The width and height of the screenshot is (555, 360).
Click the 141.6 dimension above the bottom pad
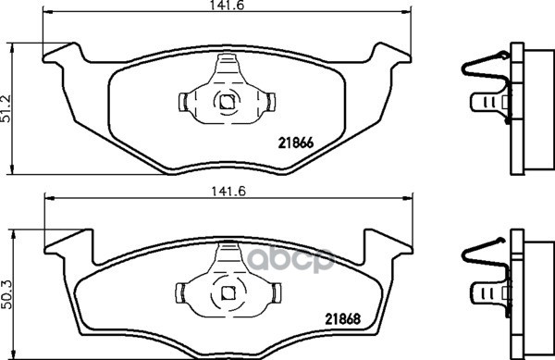point(228,192)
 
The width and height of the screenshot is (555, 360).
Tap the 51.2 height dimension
point(6,108)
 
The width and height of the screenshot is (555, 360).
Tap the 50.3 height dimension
point(6,294)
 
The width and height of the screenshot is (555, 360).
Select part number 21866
point(296,143)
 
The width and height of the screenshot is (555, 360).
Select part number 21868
point(342,319)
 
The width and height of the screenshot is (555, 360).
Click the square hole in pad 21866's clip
point(227,103)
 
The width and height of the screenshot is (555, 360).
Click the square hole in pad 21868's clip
point(228,292)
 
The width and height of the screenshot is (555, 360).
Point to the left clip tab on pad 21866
point(183,102)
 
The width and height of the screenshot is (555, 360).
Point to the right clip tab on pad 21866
point(271,102)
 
